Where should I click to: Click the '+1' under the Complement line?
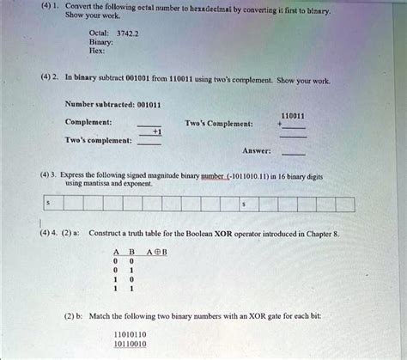tap(157, 131)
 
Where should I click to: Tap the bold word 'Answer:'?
tap(258, 150)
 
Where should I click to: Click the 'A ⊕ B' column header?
tap(156, 252)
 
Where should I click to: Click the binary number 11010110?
tap(130, 333)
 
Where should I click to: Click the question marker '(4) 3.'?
tap(46, 174)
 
